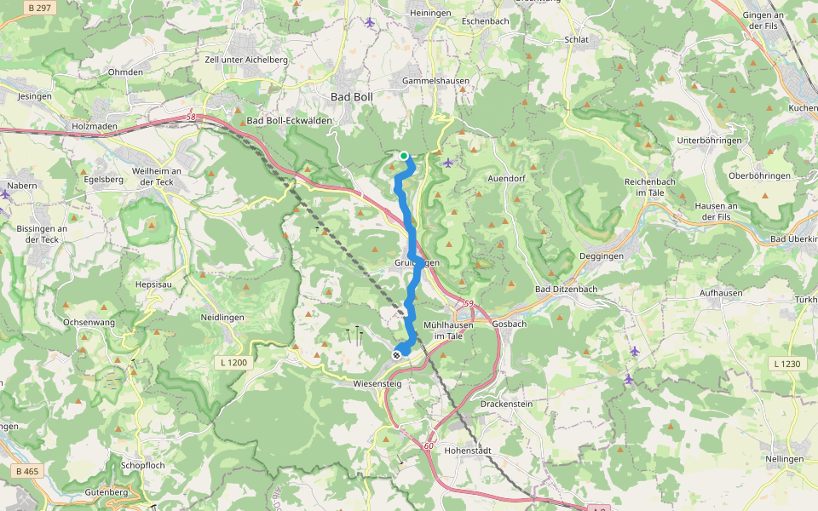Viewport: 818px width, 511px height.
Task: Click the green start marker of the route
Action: [x=404, y=155]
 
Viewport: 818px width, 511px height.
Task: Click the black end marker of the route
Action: [x=396, y=354]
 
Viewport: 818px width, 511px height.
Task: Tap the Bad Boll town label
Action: [x=352, y=98]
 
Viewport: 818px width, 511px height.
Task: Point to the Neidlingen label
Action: [x=222, y=317]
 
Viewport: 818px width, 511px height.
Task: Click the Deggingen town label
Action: [x=602, y=255]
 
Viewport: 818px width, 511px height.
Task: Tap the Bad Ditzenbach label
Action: [x=567, y=290]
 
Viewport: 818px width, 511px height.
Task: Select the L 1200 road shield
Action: [x=233, y=363]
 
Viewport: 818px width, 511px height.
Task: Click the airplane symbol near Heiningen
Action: [x=369, y=22]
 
